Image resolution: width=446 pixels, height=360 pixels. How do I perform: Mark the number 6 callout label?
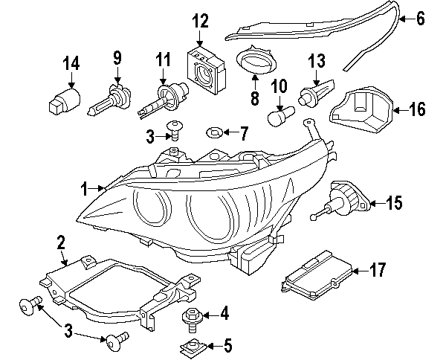(421, 19)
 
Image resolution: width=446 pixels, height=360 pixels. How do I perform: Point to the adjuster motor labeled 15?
(343, 201)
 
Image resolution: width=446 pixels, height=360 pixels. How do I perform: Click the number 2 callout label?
(61, 242)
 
